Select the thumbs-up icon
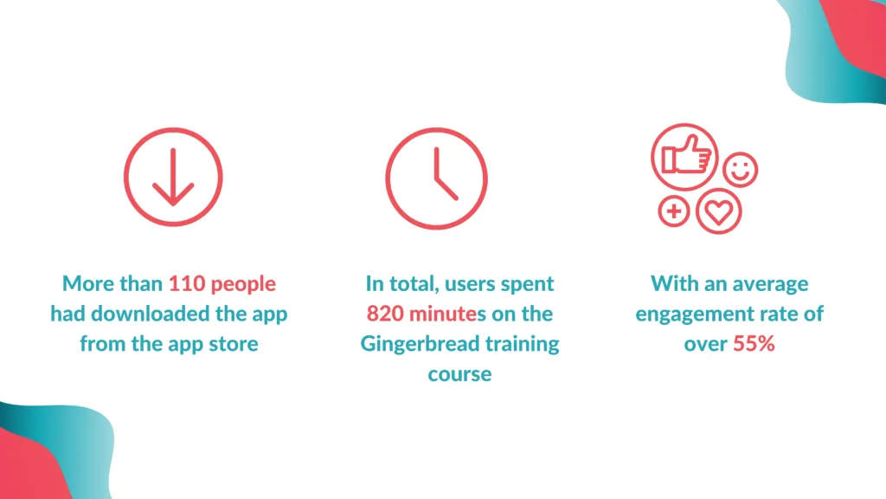685,157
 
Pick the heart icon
719,211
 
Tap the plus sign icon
673,211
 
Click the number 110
187,283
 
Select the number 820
385,314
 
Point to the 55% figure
754,343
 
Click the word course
459,374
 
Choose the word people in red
243,284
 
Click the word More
85,283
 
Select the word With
674,283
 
